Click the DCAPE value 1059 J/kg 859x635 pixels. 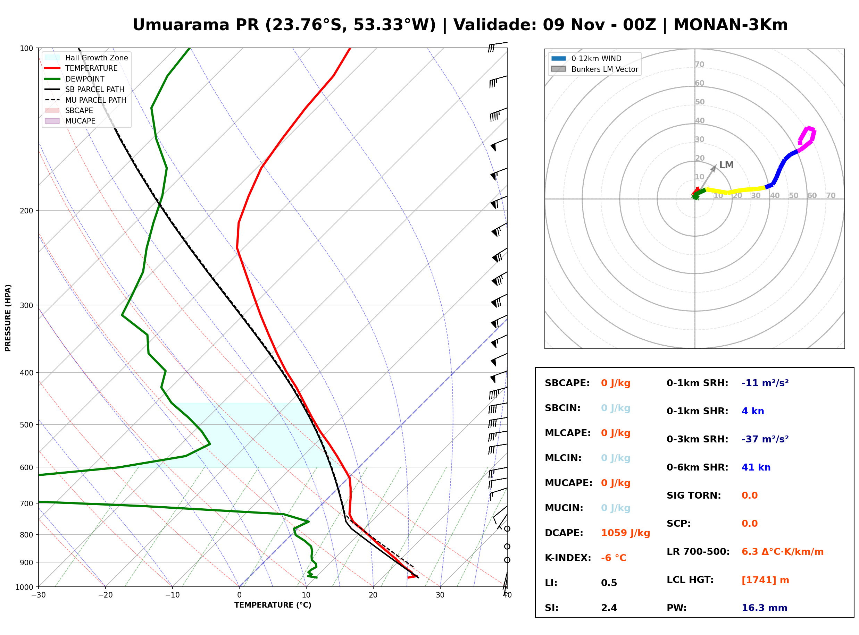pyautogui.click(x=625, y=533)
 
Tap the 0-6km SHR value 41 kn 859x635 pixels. pyautogui.click(x=756, y=467)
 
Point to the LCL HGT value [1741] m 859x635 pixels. pyautogui.click(x=765, y=580)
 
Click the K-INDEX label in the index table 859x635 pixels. pyautogui.click(x=568, y=558)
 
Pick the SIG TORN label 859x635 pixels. pyautogui.click(x=694, y=496)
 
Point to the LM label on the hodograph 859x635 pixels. pyautogui.click(x=726, y=165)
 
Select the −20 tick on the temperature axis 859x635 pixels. pyautogui.click(x=105, y=595)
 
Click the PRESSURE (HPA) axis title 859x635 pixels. pyautogui.click(x=8, y=318)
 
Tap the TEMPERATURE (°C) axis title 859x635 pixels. pyautogui.click(x=273, y=605)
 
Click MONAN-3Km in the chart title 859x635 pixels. pyautogui.click(x=731, y=25)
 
